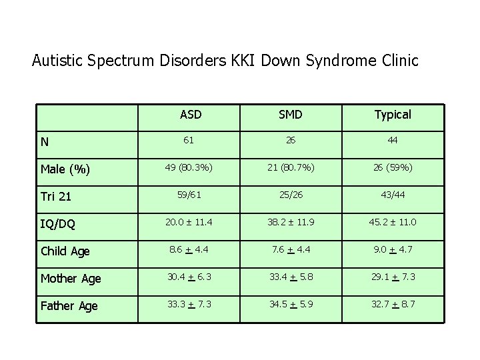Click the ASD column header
tap(191, 115)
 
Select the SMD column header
tap(291, 115)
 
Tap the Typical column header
tap(393, 115)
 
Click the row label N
tap(44, 141)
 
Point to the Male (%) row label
tap(65, 169)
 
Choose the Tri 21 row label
tap(55, 197)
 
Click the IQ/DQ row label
tap(57, 225)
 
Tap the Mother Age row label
tap(71, 279)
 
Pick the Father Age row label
tap(69, 306)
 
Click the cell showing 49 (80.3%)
tap(190, 167)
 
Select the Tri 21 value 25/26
tap(291, 195)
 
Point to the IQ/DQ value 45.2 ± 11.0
tap(393, 222)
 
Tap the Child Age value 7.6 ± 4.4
tap(291, 249)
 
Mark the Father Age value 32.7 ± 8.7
tap(393, 304)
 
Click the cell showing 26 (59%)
tap(393, 167)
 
